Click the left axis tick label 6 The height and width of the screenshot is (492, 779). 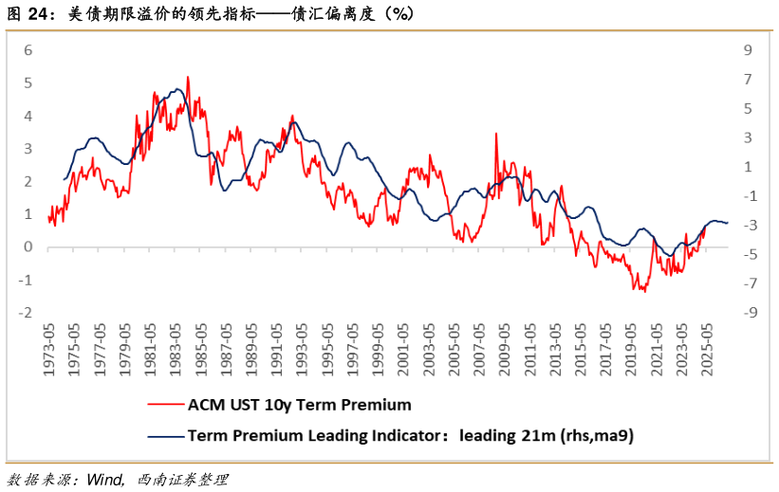[x=28, y=50]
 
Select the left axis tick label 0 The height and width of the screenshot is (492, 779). [x=28, y=247]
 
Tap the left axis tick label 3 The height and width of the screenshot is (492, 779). [x=28, y=149]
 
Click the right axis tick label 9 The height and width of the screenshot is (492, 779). [x=747, y=50]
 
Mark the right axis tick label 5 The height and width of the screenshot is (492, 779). [x=747, y=109]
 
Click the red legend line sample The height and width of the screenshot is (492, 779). [x=165, y=405]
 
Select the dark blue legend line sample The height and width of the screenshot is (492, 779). [x=165, y=436]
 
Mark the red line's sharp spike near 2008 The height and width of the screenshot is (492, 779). [x=495, y=135]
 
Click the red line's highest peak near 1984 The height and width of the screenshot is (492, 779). [x=188, y=77]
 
